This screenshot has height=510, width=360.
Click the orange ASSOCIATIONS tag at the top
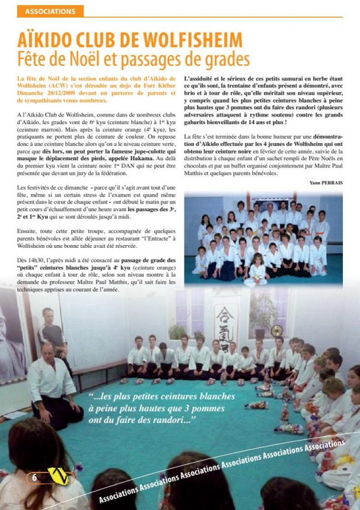tap(50, 11)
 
